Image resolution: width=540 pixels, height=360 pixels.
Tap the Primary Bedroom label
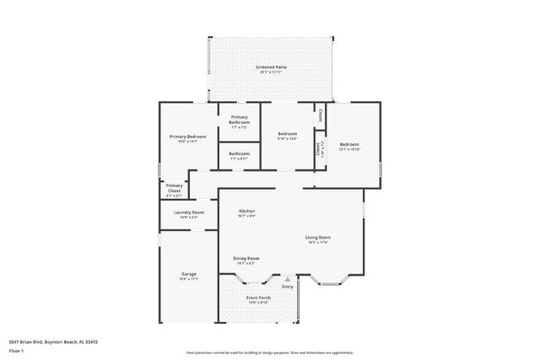tap(187, 137)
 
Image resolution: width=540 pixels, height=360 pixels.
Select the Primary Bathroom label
tap(239, 120)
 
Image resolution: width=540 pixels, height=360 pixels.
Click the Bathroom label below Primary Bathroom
tap(239, 153)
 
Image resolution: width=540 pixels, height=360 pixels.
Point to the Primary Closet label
tap(174, 188)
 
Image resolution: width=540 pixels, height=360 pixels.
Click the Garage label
tap(189, 274)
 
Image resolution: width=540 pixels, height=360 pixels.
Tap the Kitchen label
tap(246, 211)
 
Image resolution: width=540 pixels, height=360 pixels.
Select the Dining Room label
tap(246, 258)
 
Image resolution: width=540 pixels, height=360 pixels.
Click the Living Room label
tap(318, 238)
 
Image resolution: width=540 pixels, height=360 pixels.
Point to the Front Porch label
tap(258, 298)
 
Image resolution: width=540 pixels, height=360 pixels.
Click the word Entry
tap(288, 287)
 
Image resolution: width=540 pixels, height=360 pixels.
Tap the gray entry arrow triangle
tap(288, 279)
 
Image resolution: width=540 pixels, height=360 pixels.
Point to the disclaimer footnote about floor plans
tap(270, 352)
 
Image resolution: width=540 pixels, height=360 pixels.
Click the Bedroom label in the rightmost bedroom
tap(349, 145)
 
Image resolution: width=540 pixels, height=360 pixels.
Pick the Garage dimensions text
tap(189, 279)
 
